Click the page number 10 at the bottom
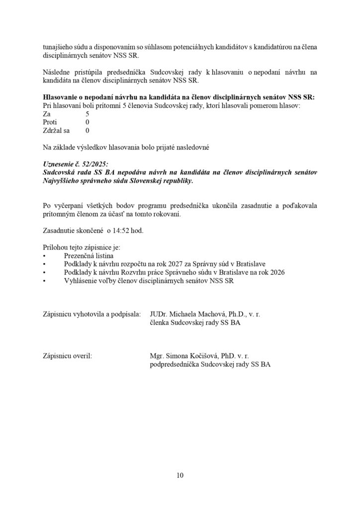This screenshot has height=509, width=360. pos(180,475)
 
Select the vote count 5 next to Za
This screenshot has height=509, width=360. pos(88,113)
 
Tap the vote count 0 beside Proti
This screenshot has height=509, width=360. pos(88,122)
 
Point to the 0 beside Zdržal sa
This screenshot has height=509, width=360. pos(88,131)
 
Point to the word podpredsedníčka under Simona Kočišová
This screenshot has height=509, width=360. pos(173,364)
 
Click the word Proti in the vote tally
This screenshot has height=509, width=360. pos(50,122)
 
